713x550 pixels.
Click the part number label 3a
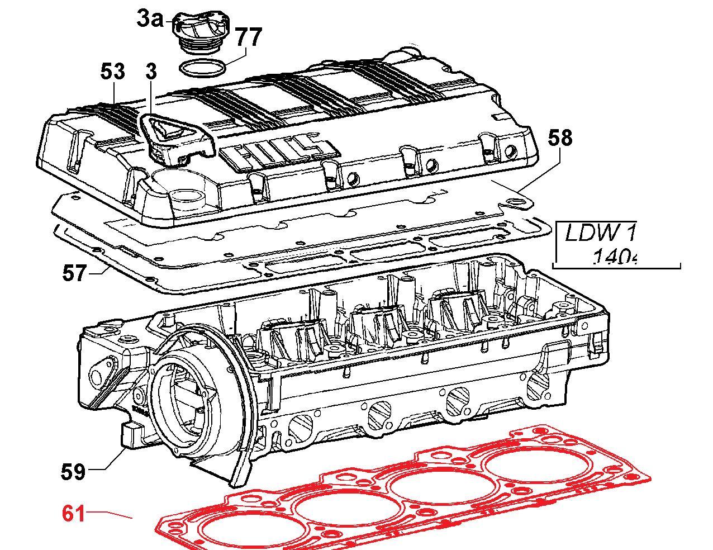149,19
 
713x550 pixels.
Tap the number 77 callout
248,37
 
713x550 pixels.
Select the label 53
113,72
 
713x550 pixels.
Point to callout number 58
560,137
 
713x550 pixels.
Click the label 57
75,274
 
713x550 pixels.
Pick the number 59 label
73,472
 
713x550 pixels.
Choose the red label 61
74,513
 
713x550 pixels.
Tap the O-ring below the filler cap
203,69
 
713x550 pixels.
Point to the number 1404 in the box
614,258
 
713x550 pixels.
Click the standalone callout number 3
151,72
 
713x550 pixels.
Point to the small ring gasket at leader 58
519,200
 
